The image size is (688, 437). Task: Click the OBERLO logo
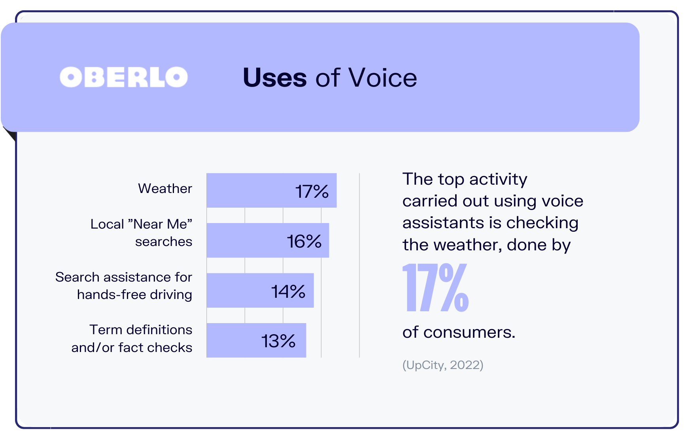123,77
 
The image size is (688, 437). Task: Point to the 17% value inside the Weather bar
312,191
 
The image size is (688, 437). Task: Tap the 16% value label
304,241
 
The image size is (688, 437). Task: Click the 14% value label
288,291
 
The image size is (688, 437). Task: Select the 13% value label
278,341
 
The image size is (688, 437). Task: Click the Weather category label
165,188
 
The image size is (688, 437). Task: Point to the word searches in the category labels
163,241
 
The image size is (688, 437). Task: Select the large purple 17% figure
435,288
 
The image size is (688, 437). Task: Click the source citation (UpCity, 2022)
443,365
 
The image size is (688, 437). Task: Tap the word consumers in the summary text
469,332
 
